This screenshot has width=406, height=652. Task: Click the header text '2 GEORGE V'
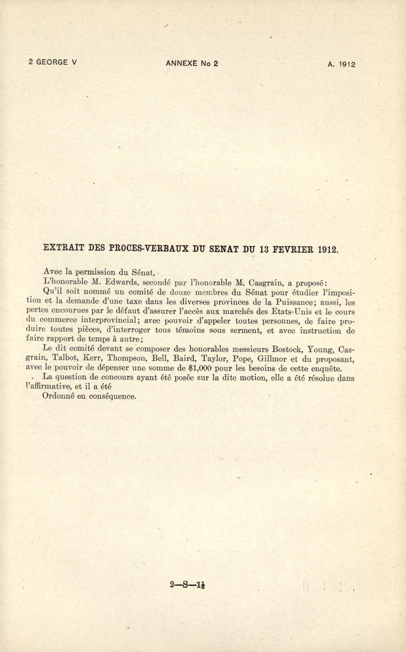(53, 62)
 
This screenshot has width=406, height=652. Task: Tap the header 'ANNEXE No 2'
(192, 63)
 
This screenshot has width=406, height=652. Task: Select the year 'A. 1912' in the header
(341, 64)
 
